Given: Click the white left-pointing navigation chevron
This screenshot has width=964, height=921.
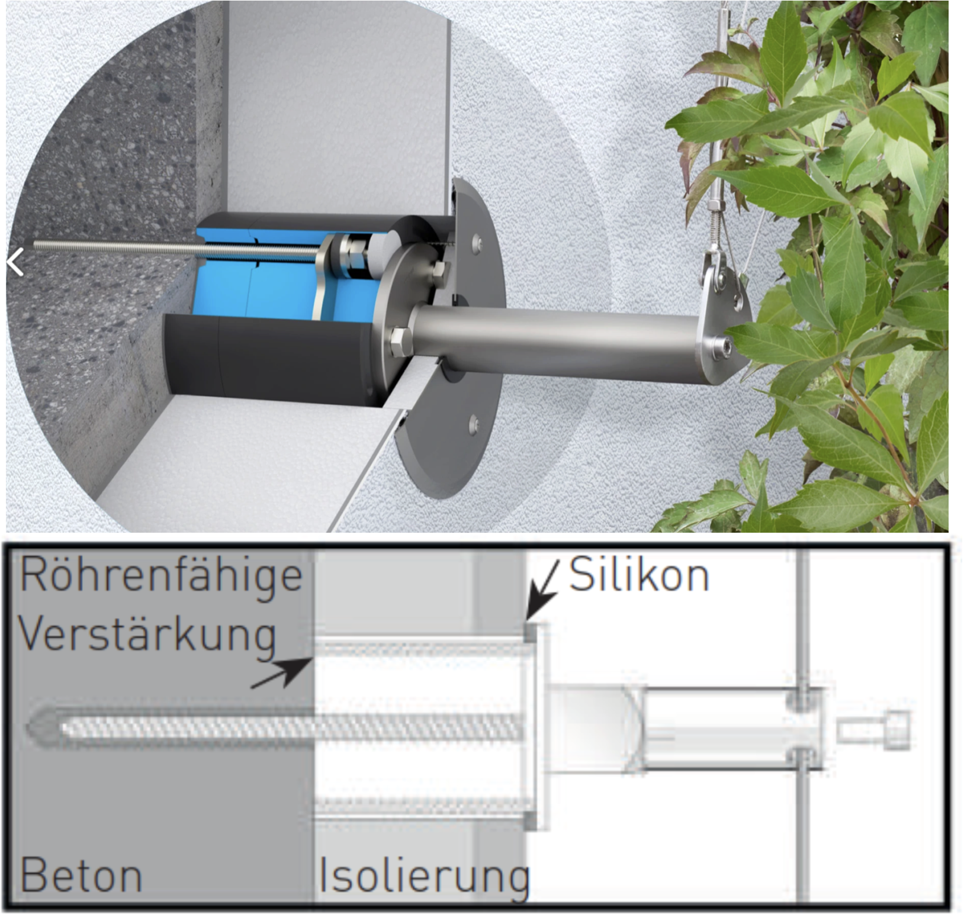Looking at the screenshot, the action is click(15, 262).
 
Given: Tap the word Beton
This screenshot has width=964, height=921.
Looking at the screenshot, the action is click(81, 875).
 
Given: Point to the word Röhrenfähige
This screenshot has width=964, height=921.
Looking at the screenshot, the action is click(161, 575).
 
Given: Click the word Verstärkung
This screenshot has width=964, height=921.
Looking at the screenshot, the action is click(148, 635).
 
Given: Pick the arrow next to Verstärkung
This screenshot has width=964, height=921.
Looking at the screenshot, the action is click(282, 673).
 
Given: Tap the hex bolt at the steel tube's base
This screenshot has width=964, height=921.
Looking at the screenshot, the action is click(400, 342).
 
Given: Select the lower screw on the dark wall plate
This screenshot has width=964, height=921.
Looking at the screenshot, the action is click(473, 424).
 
